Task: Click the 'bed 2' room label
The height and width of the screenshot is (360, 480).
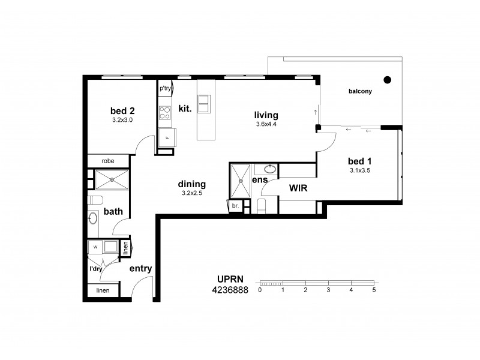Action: click(x=122, y=110)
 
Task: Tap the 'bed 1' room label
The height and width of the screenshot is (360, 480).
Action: click(x=360, y=161)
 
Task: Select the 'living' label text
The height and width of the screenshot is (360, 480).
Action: click(x=266, y=115)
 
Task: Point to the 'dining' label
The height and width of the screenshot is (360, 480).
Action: click(x=191, y=184)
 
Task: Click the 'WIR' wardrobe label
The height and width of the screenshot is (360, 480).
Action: click(x=298, y=188)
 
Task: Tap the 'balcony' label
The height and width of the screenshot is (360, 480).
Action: click(x=361, y=92)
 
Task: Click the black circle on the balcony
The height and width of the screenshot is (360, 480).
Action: click(x=388, y=79)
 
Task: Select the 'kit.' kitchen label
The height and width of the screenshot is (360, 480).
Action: click(x=185, y=109)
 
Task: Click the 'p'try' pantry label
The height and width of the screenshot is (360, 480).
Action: click(x=166, y=88)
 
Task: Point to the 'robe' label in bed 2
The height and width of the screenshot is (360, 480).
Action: click(x=108, y=161)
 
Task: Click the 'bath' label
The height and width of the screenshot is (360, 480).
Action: click(x=113, y=212)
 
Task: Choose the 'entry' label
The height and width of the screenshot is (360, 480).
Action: click(x=140, y=269)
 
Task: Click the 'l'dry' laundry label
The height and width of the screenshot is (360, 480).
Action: click(x=95, y=269)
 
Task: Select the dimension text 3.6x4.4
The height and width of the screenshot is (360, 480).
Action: click(x=266, y=125)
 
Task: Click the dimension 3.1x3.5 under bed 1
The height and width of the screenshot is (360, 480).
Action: click(x=360, y=170)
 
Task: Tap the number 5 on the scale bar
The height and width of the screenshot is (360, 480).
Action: click(x=374, y=290)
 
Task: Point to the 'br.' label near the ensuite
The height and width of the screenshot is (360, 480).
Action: click(x=235, y=206)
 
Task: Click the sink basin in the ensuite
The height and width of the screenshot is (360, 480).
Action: click(x=270, y=169)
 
